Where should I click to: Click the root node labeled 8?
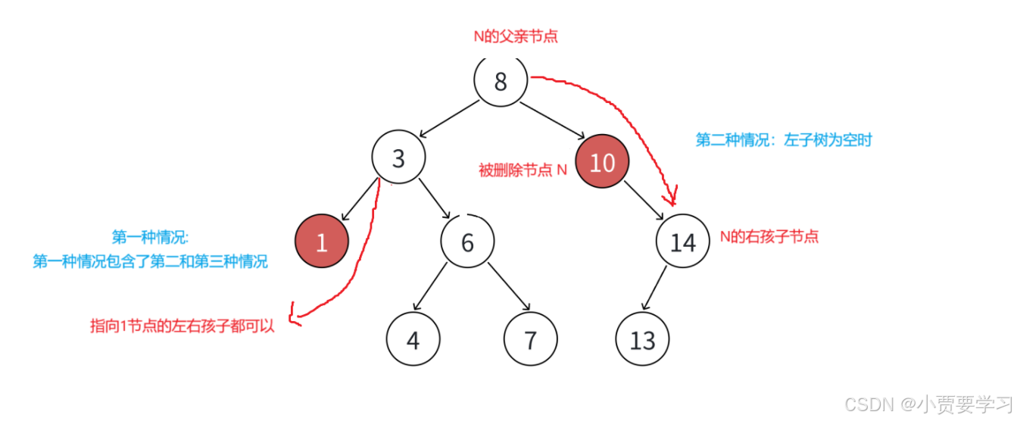click(x=501, y=81)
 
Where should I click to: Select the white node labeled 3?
click(x=398, y=158)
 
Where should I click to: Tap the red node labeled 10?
click(x=602, y=162)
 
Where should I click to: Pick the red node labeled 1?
click(x=321, y=242)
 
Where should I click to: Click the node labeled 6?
click(x=467, y=242)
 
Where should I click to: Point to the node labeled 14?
click(x=682, y=242)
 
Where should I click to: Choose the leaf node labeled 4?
click(x=413, y=340)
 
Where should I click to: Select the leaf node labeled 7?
click(x=530, y=340)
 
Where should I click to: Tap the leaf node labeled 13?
click(x=642, y=340)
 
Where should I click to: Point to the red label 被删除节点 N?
click(x=523, y=170)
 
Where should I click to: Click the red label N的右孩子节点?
click(x=769, y=236)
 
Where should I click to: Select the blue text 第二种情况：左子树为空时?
click(x=784, y=140)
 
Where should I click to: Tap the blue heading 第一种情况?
click(x=150, y=237)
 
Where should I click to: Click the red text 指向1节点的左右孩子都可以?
click(x=182, y=326)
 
